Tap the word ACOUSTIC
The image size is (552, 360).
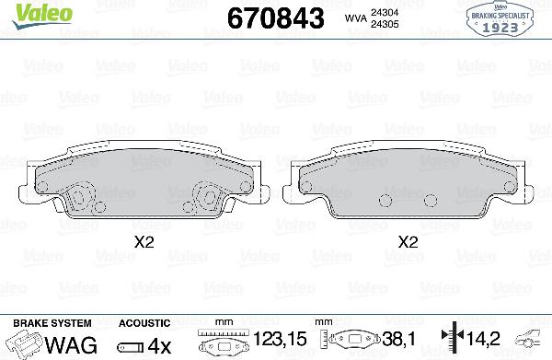pos(144,323)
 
